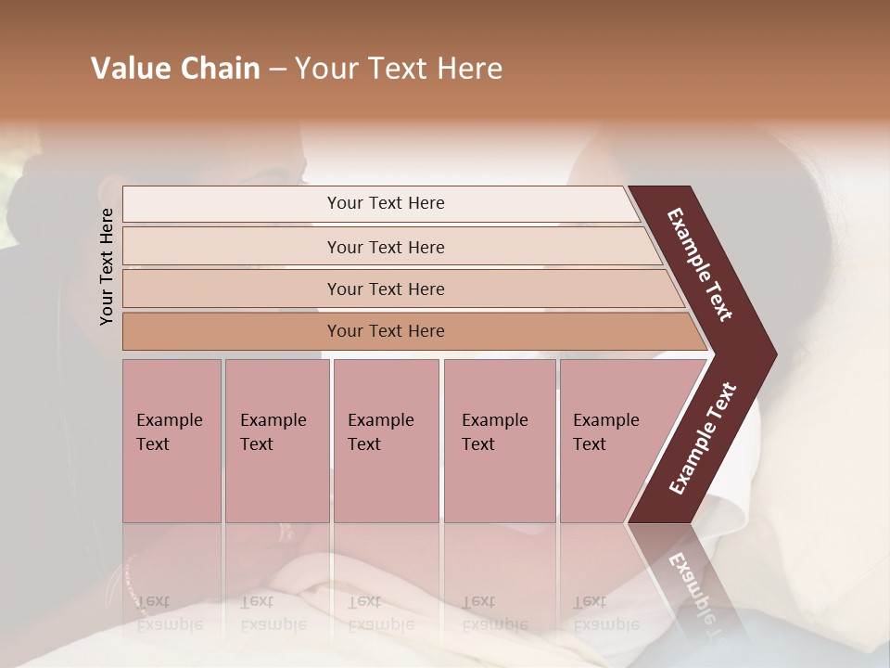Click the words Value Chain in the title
tap(175, 69)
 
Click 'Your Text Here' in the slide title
tap(399, 69)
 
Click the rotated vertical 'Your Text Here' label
tap(107, 266)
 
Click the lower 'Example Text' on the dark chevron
tap(702, 439)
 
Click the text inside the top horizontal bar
tap(386, 203)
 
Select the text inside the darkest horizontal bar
tap(386, 331)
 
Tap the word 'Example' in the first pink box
tap(169, 420)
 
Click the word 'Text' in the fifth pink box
tap(589, 444)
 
